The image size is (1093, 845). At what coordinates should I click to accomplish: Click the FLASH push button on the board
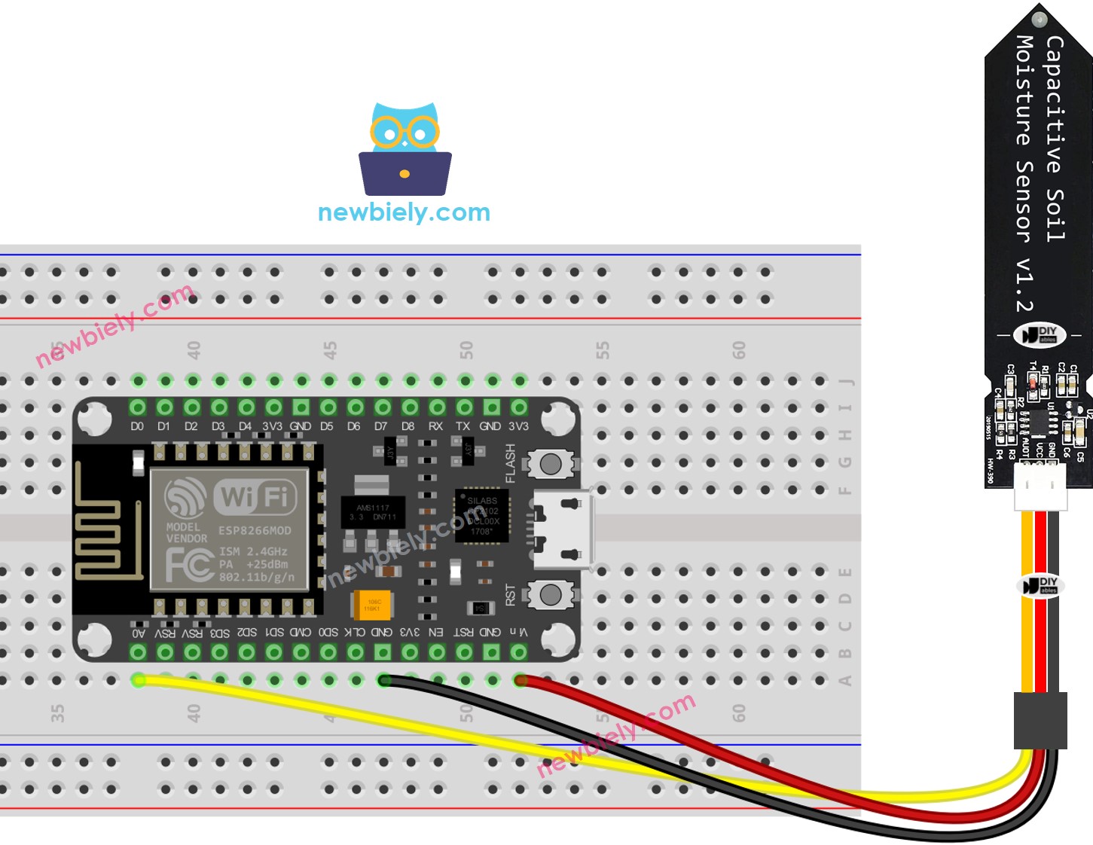coord(551,464)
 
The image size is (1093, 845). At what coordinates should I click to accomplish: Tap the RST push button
coord(551,595)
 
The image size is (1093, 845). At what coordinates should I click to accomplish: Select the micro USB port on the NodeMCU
coord(562,529)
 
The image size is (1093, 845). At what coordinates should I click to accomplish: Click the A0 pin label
coord(139,633)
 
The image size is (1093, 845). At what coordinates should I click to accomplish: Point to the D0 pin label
coord(137,426)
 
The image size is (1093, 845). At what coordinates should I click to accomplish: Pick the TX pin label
coord(463,426)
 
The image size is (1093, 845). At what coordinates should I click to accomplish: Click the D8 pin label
coord(408,426)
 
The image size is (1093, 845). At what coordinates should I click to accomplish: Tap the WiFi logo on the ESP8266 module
coord(255,496)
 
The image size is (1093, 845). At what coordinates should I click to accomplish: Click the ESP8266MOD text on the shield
coord(255,530)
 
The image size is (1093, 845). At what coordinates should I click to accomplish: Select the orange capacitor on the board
coord(372,604)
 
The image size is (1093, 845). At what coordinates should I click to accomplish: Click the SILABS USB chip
coord(482,516)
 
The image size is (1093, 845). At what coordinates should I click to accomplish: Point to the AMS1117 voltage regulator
coord(373,512)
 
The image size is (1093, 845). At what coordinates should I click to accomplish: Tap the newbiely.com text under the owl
coord(404,212)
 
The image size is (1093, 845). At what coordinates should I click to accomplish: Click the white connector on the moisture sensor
coord(1040,487)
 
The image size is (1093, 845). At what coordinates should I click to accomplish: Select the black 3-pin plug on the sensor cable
coord(1040,721)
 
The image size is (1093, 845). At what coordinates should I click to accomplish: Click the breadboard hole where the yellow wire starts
coord(139,681)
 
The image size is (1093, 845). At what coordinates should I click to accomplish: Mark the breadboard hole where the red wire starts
coord(520,681)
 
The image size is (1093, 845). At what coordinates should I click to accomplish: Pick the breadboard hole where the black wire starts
coord(384,681)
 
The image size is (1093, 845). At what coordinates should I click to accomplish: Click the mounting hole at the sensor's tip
coord(1040,19)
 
